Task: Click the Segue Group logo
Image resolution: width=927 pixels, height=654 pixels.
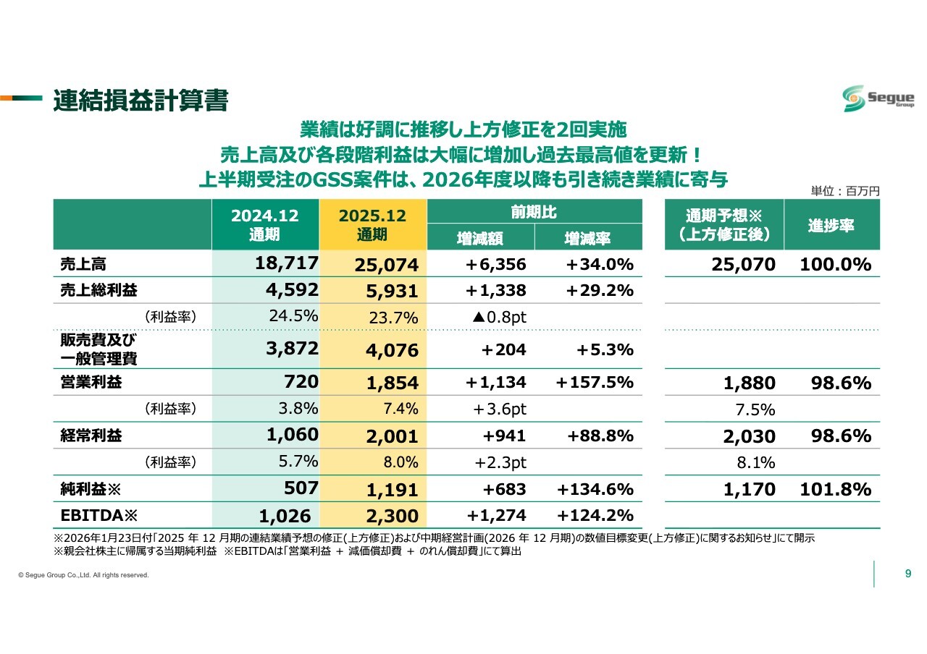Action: (x=878, y=98)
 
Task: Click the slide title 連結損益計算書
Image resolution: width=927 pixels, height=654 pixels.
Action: (x=140, y=101)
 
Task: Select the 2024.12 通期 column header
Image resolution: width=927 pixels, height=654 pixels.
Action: (x=265, y=224)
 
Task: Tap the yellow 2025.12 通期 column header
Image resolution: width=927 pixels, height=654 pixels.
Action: (x=373, y=224)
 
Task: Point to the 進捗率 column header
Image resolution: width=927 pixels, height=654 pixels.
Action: (x=831, y=224)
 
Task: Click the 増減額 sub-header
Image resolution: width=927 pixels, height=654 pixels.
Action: (x=480, y=237)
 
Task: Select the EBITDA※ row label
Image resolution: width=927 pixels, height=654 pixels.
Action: (x=94, y=515)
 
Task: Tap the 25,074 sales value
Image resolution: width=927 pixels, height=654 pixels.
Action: (x=387, y=266)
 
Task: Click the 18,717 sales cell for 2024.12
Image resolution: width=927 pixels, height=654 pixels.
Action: (x=287, y=263)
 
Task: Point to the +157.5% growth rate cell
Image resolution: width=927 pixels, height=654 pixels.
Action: (x=595, y=382)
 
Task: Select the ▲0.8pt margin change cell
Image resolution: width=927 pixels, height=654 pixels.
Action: (x=499, y=316)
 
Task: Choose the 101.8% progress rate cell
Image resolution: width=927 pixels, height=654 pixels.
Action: (x=835, y=489)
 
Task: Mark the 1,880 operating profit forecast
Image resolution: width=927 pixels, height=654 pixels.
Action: (x=749, y=383)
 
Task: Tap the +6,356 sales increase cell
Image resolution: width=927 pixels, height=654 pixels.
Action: (x=496, y=264)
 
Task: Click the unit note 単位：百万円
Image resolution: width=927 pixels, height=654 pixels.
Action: (x=845, y=191)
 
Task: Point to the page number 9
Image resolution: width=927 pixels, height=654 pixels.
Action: (x=908, y=574)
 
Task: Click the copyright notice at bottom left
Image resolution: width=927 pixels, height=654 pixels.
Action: (x=83, y=575)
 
